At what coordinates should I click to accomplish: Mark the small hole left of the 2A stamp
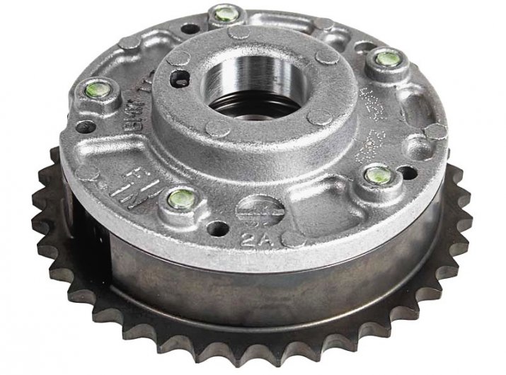pos(213,227)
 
